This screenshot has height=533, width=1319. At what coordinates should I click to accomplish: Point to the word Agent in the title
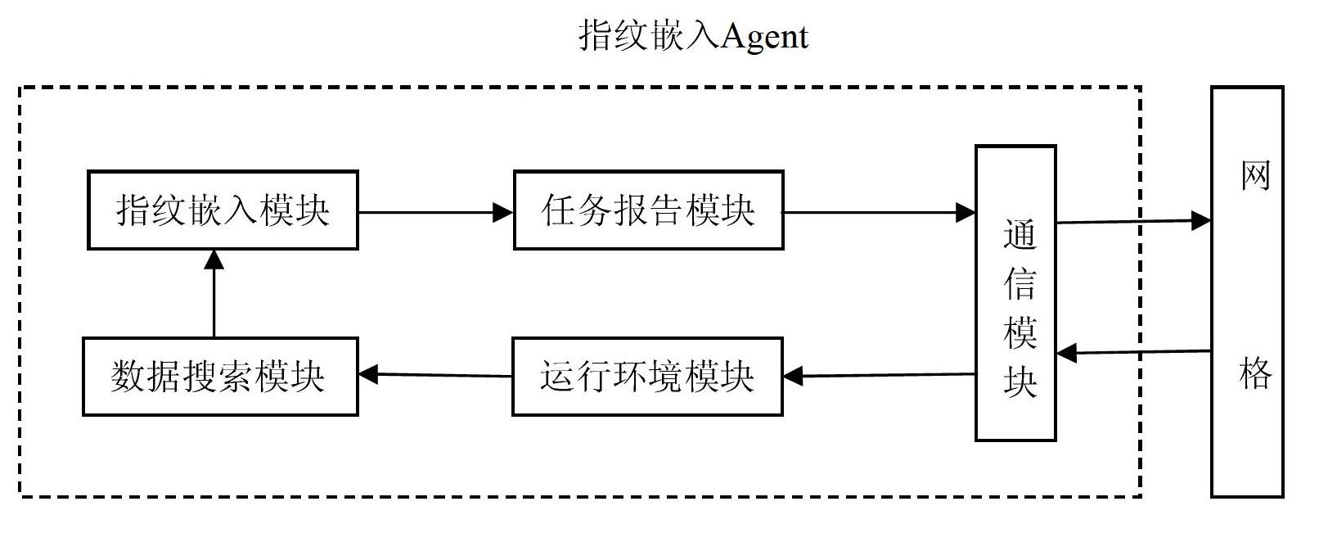764,37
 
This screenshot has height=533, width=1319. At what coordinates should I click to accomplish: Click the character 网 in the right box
1255,175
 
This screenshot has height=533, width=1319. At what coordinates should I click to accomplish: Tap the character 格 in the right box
1255,373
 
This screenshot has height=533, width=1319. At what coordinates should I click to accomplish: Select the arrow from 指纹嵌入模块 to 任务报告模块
436,212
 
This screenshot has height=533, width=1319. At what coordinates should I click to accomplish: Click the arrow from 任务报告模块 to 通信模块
879,212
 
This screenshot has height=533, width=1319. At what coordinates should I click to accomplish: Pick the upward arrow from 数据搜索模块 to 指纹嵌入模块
214,293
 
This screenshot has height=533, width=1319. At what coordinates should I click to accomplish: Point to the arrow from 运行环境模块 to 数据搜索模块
435,374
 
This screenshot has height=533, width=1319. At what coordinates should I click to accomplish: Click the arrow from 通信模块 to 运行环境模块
879,375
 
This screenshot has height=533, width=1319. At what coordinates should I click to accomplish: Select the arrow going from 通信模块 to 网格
1133,221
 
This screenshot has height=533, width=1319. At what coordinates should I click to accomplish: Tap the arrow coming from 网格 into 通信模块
1133,352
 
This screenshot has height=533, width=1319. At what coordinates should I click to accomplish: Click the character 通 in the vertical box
1020,234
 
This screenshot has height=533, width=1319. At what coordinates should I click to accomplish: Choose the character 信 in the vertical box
1020,283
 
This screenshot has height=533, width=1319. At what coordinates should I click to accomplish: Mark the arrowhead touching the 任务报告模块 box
503,212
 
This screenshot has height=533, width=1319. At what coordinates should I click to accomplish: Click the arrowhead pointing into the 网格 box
1201,221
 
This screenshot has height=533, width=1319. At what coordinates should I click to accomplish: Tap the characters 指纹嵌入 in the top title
649,36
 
